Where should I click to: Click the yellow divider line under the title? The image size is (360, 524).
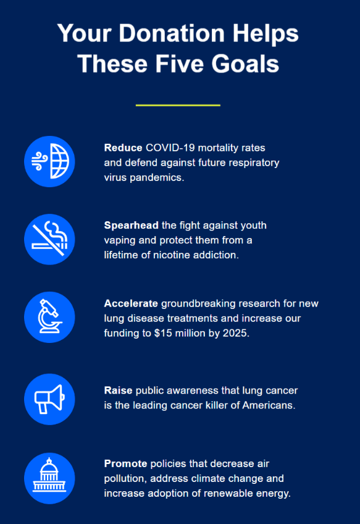(178, 105)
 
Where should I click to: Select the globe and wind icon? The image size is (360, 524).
(49, 161)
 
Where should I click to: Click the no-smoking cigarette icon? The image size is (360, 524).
(49, 239)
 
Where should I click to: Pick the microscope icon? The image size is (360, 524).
(49, 317)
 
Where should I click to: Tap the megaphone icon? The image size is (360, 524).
(49, 399)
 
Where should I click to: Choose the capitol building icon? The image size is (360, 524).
(49, 478)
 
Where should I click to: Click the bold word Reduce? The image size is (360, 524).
(123, 148)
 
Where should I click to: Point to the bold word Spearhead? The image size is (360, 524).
(132, 226)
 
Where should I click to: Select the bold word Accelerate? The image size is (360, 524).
(131, 303)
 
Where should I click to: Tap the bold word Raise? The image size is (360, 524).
(118, 391)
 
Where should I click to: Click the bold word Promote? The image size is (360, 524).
(125, 463)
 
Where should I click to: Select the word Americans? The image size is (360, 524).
(268, 405)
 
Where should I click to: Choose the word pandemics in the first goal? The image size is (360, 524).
(156, 177)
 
